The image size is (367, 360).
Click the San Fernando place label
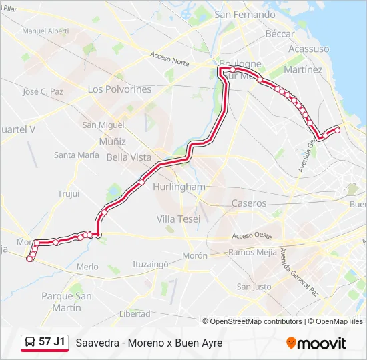click(245, 14)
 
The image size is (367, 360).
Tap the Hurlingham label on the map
click(179, 187)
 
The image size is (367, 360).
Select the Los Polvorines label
click(119, 89)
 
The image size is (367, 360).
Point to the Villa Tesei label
click(178, 219)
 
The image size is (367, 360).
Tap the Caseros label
click(248, 203)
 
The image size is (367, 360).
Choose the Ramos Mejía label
click(251, 252)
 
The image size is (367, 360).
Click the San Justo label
click(254, 287)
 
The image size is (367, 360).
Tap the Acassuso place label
click(308, 49)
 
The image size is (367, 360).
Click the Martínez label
click(303, 69)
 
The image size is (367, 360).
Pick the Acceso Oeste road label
click(252, 236)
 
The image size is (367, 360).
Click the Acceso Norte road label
click(170, 59)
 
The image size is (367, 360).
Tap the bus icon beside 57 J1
click(30, 343)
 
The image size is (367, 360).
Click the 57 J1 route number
click(52, 342)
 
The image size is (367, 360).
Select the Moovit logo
click(316, 343)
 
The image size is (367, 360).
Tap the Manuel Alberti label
click(45, 31)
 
